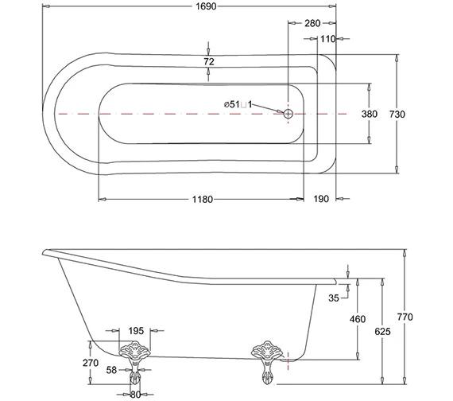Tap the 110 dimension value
tap(327, 38)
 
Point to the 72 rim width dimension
tap(209, 61)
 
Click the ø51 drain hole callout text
tap(238, 104)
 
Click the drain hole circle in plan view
tap(288, 114)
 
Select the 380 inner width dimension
tap(370, 114)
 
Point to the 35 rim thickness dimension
tap(333, 298)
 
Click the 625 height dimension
tap(383, 331)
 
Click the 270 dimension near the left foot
tap(90, 364)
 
